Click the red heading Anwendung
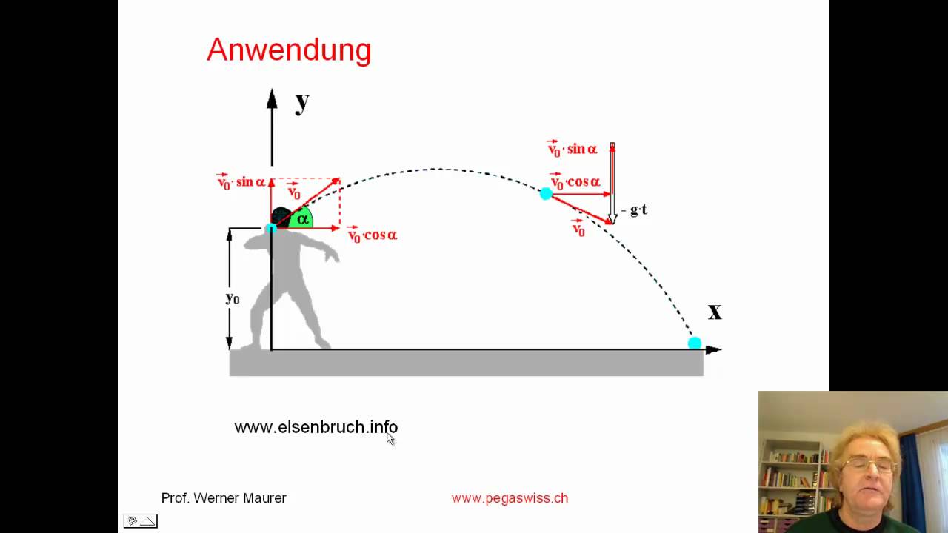[x=289, y=50]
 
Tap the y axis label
[x=301, y=102]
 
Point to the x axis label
[x=714, y=312]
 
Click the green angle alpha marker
[x=301, y=219]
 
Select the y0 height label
[x=233, y=298]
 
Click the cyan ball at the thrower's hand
[x=271, y=228]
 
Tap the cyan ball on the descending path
[x=546, y=194]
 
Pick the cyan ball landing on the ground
[x=694, y=343]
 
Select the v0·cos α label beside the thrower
[x=373, y=235]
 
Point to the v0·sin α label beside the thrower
[x=241, y=182]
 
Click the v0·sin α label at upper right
[x=572, y=150]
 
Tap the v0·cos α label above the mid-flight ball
[x=575, y=182]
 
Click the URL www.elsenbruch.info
[x=316, y=427]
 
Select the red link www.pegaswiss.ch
[x=510, y=498]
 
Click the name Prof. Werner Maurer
[x=224, y=498]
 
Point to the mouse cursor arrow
[x=390, y=439]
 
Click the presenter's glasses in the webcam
[x=868, y=465]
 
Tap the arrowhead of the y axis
[x=272, y=98]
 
